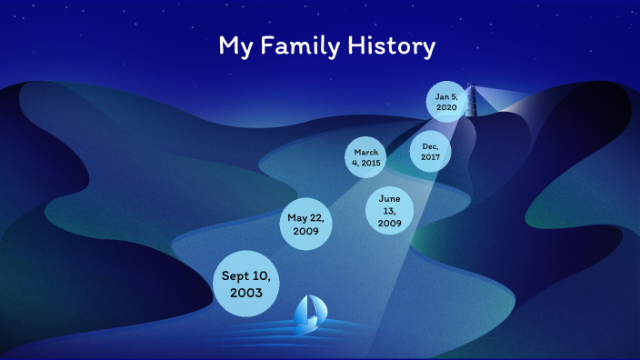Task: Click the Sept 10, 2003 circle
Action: [246, 284]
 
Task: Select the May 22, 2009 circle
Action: [305, 225]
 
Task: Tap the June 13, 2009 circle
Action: [390, 211]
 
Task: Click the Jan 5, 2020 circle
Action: [446, 102]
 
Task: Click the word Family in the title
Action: [298, 46]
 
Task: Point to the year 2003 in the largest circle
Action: [246, 294]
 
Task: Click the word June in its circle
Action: [390, 199]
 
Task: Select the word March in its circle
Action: [366, 152]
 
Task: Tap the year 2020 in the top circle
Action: [446, 107]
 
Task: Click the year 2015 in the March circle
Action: [371, 163]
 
